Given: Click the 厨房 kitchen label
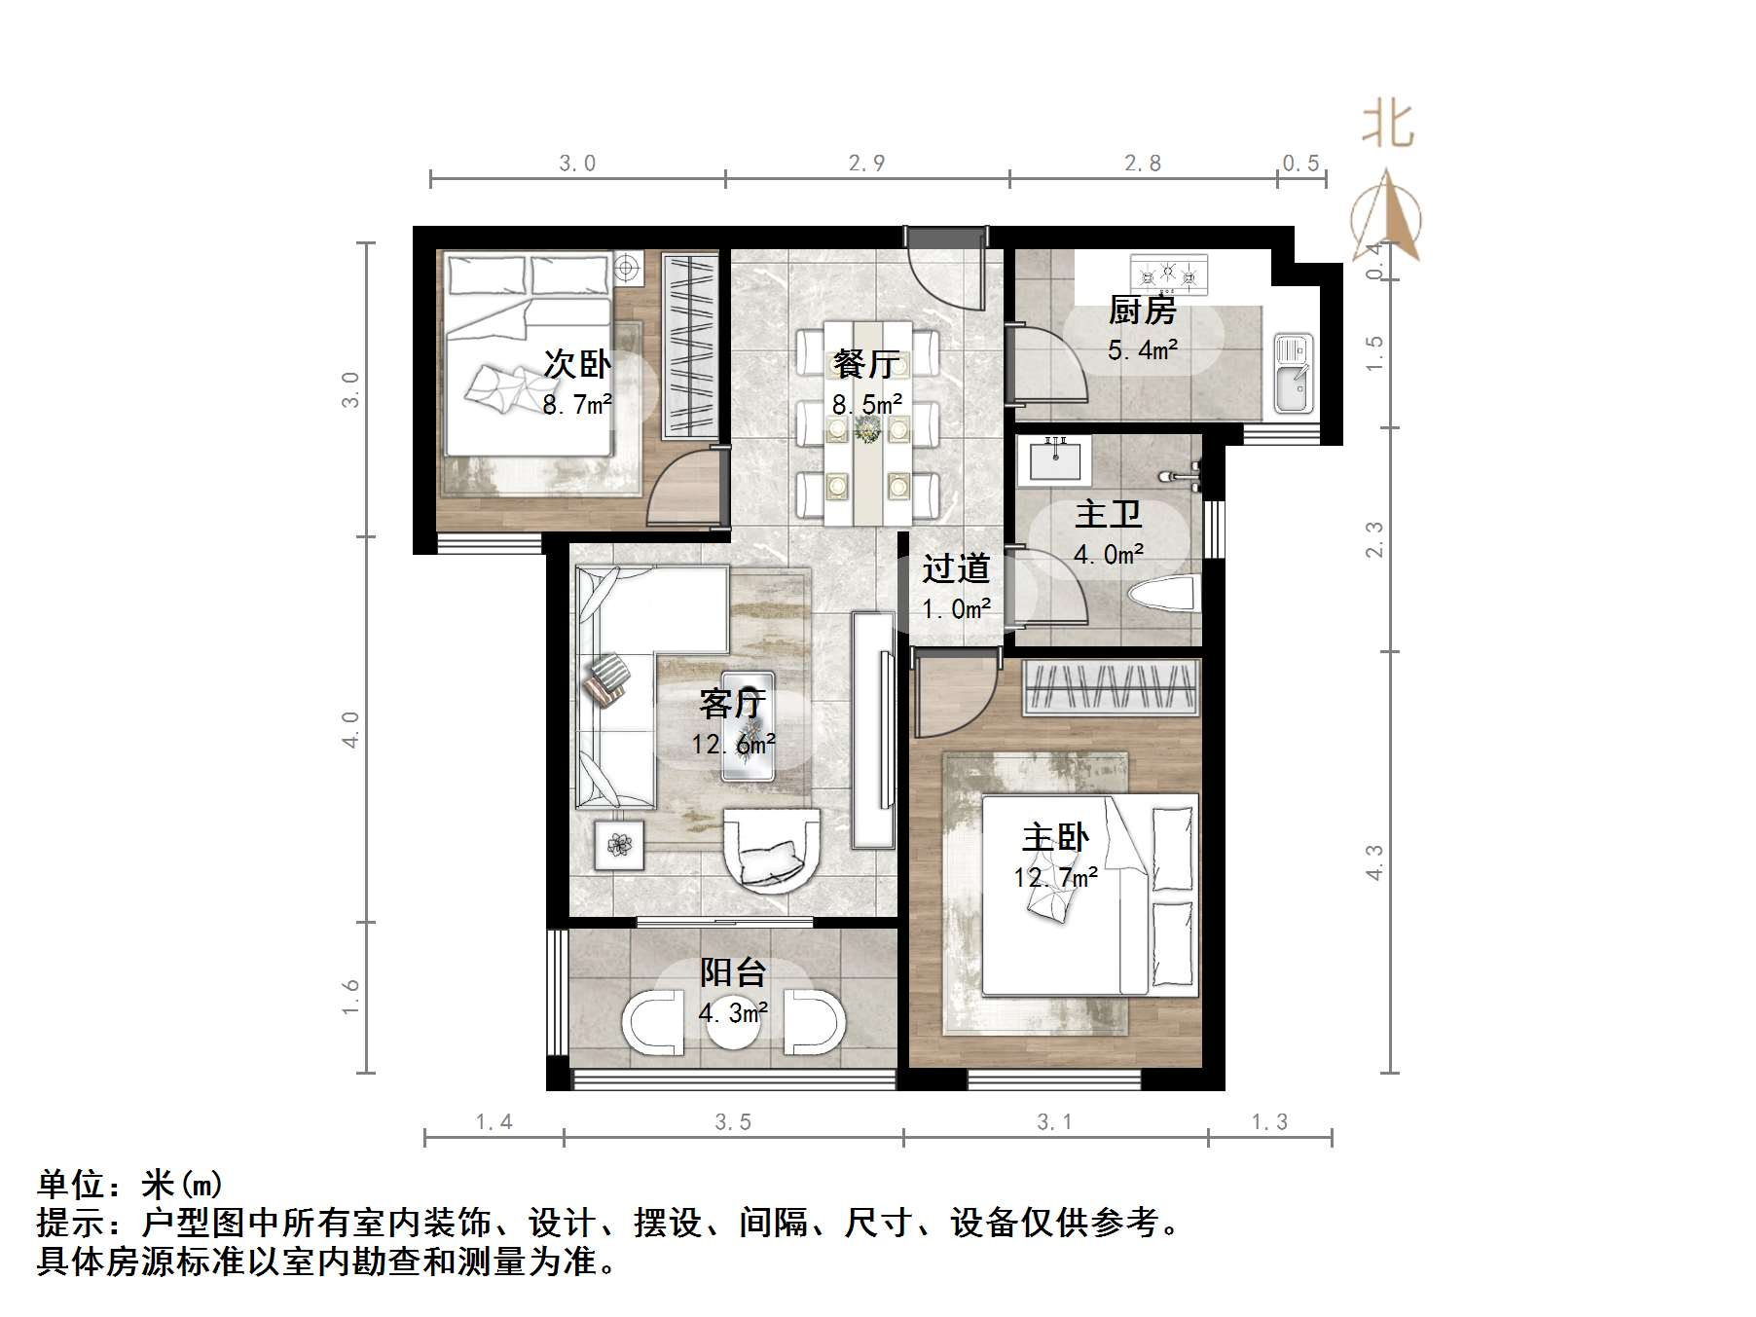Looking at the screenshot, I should click(x=1142, y=311).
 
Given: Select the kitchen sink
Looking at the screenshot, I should click(x=1294, y=373).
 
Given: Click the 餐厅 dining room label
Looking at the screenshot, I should click(x=866, y=364).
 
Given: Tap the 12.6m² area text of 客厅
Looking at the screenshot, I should click(x=733, y=745).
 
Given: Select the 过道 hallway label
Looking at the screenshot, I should click(x=956, y=568).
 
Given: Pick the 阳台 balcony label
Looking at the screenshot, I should click(x=733, y=971).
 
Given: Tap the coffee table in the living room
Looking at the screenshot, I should click(x=748, y=725).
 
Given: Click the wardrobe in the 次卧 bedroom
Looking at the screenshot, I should click(x=690, y=345).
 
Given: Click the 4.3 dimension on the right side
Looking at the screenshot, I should click(x=1373, y=862).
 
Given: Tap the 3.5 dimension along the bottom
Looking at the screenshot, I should click(x=733, y=1122).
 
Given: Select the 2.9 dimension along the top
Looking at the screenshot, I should click(x=866, y=163).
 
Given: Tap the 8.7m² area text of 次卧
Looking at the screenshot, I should click(x=577, y=405).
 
